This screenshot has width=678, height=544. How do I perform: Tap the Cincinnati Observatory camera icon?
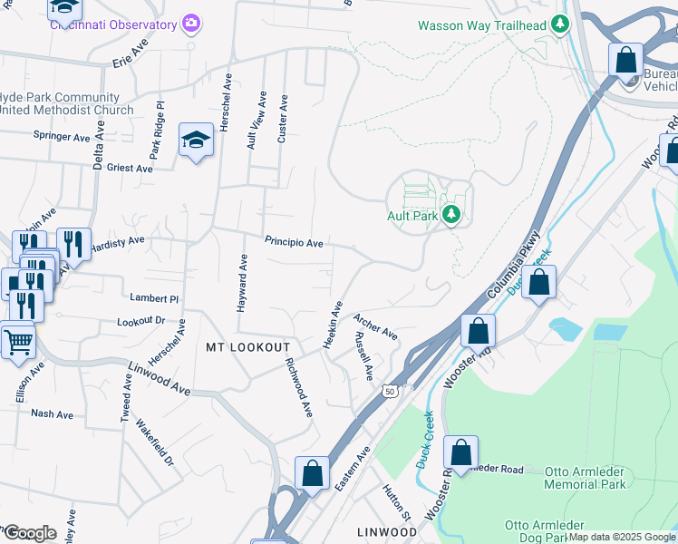point(190,22)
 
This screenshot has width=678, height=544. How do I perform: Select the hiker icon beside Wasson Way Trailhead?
point(562,25)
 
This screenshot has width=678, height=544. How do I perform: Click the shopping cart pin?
point(17,342)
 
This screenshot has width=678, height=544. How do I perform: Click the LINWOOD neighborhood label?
point(387,531)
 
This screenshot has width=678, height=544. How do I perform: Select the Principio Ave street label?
point(294,243)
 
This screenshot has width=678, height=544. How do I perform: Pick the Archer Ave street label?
point(375,327)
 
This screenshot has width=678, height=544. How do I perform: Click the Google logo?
point(30,533)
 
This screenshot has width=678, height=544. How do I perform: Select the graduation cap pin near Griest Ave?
point(195,140)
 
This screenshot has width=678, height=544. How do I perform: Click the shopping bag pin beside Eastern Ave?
point(312,473)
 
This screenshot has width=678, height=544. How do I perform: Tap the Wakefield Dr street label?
point(154,443)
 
